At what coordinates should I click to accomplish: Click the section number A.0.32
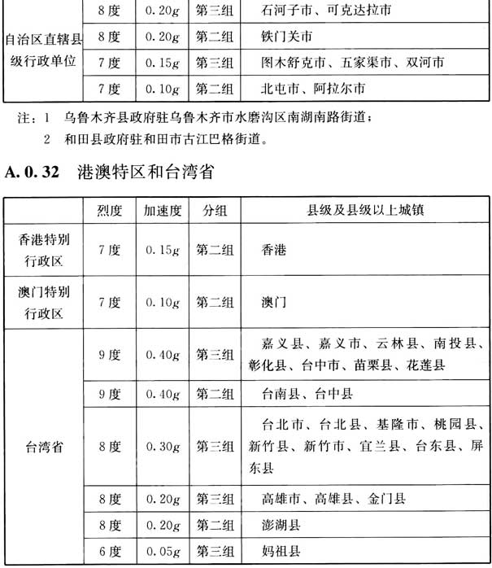click(36, 173)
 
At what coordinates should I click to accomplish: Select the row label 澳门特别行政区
click(46, 302)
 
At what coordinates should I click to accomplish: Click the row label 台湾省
click(46, 447)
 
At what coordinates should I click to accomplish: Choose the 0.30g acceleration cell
click(162, 447)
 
